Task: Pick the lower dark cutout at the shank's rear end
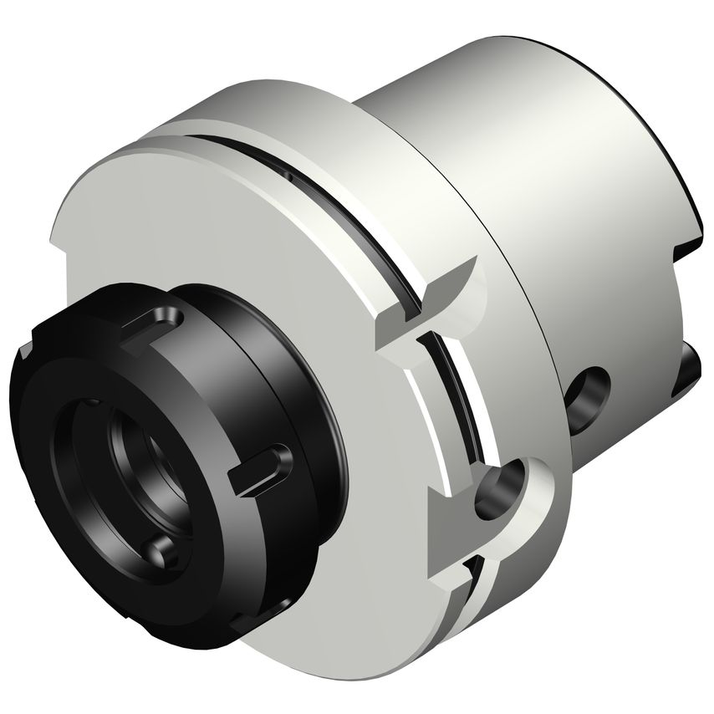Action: coord(690,368)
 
